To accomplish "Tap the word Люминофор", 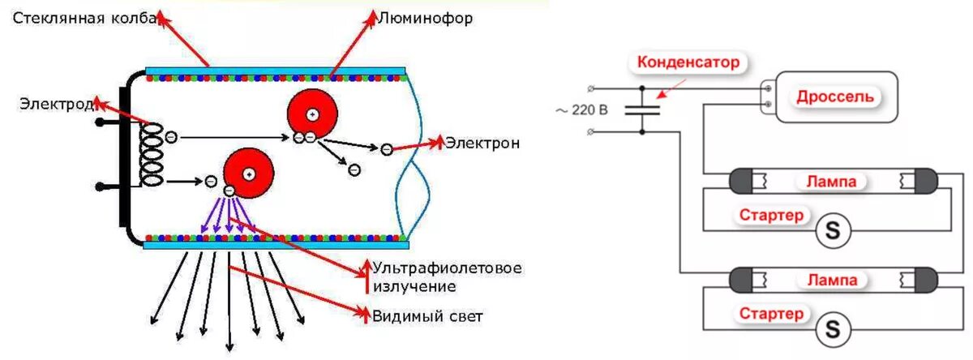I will coord(426,17).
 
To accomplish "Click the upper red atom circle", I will coord(312,114).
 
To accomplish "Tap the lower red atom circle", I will coord(249,173).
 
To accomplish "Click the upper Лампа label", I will coord(831,182).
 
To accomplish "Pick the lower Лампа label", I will coord(831,280).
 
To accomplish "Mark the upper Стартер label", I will coord(772,216).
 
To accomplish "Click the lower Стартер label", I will coord(772,313).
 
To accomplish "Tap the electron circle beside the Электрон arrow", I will coord(387,148).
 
